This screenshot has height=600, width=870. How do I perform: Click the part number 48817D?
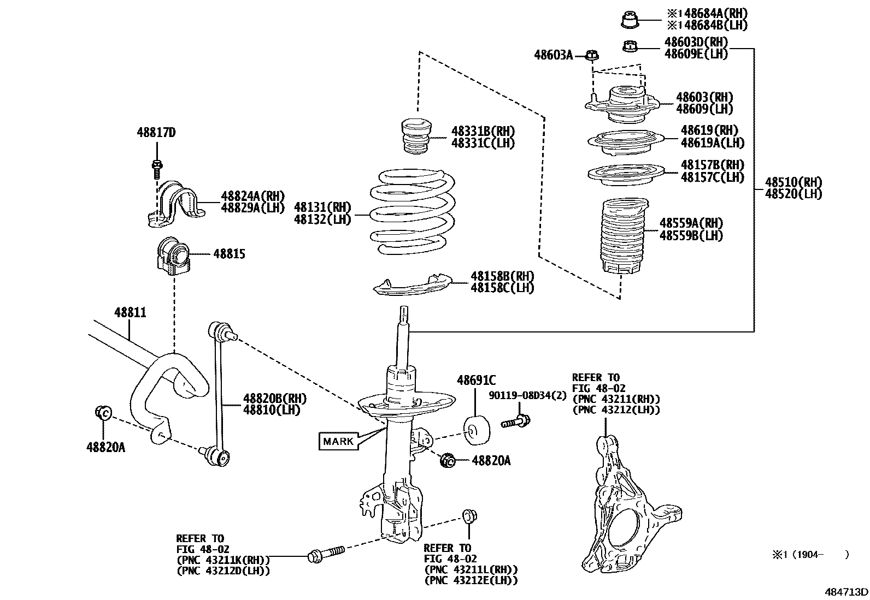click(156, 133)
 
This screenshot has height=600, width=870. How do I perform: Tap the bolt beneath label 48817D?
click(157, 169)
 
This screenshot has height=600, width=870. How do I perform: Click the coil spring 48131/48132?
click(412, 211)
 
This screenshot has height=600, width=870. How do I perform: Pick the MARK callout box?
click(338, 441)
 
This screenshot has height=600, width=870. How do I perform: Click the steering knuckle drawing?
click(630, 505)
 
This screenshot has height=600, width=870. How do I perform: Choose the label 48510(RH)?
click(793, 182)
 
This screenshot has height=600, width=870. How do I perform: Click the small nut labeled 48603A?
click(591, 55)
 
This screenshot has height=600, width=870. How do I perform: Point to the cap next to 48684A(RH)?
click(630, 20)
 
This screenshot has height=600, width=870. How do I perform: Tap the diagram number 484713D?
click(846, 591)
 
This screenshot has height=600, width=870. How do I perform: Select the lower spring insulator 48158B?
click(413, 285)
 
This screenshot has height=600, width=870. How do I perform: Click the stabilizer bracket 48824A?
click(175, 204)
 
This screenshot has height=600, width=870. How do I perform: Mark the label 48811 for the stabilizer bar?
click(130, 312)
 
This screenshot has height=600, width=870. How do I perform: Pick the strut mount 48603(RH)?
click(622, 104)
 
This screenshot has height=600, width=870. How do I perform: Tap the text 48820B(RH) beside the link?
click(275, 398)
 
